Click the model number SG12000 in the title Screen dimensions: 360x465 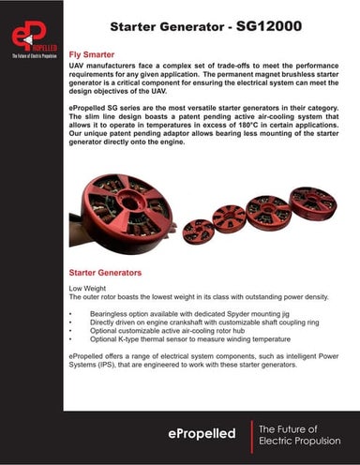click(x=269, y=27)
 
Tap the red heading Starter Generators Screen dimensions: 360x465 click(x=106, y=272)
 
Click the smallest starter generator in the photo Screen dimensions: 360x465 click(x=199, y=230)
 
